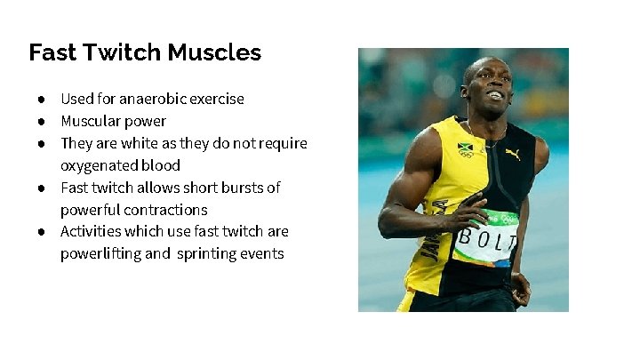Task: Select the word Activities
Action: click(x=87, y=231)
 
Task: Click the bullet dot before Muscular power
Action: click(x=41, y=121)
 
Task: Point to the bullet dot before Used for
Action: click(x=41, y=99)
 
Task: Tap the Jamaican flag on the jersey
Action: click(x=465, y=148)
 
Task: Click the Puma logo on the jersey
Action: click(x=512, y=154)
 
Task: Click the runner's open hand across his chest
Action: click(x=464, y=213)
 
